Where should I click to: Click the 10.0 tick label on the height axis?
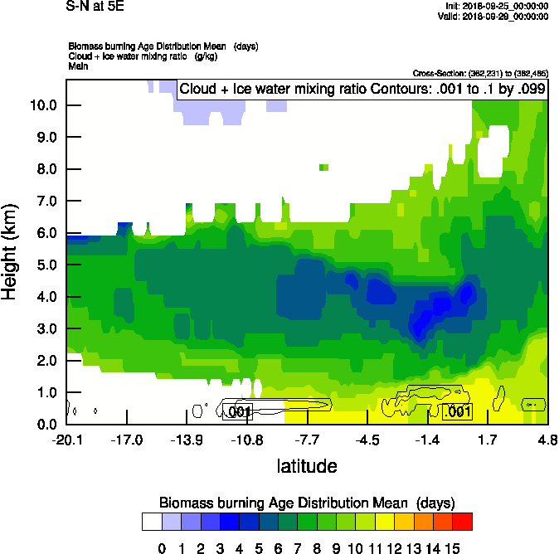pos(42,105)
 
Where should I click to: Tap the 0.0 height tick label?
pos(46,425)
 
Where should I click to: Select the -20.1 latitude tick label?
pos(66,440)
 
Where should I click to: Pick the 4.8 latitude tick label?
pos(547,440)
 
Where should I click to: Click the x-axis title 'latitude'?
pos(307,466)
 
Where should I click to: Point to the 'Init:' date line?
pos(496,6)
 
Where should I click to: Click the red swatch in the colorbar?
pos(463,521)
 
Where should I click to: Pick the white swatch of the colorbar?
pos(152,521)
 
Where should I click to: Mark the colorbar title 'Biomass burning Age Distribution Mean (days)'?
pos(307,503)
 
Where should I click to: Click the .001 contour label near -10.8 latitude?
pos(238,412)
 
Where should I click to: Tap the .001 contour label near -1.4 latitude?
pos(459,412)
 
